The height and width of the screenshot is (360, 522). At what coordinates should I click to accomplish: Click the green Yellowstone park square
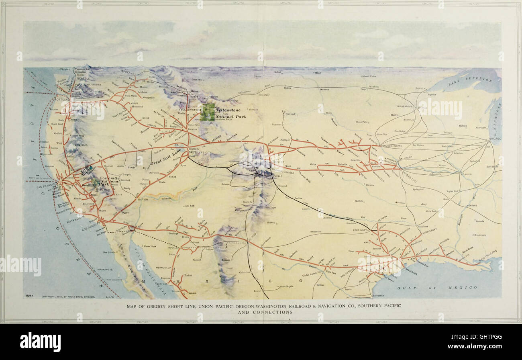tap(208, 112)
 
